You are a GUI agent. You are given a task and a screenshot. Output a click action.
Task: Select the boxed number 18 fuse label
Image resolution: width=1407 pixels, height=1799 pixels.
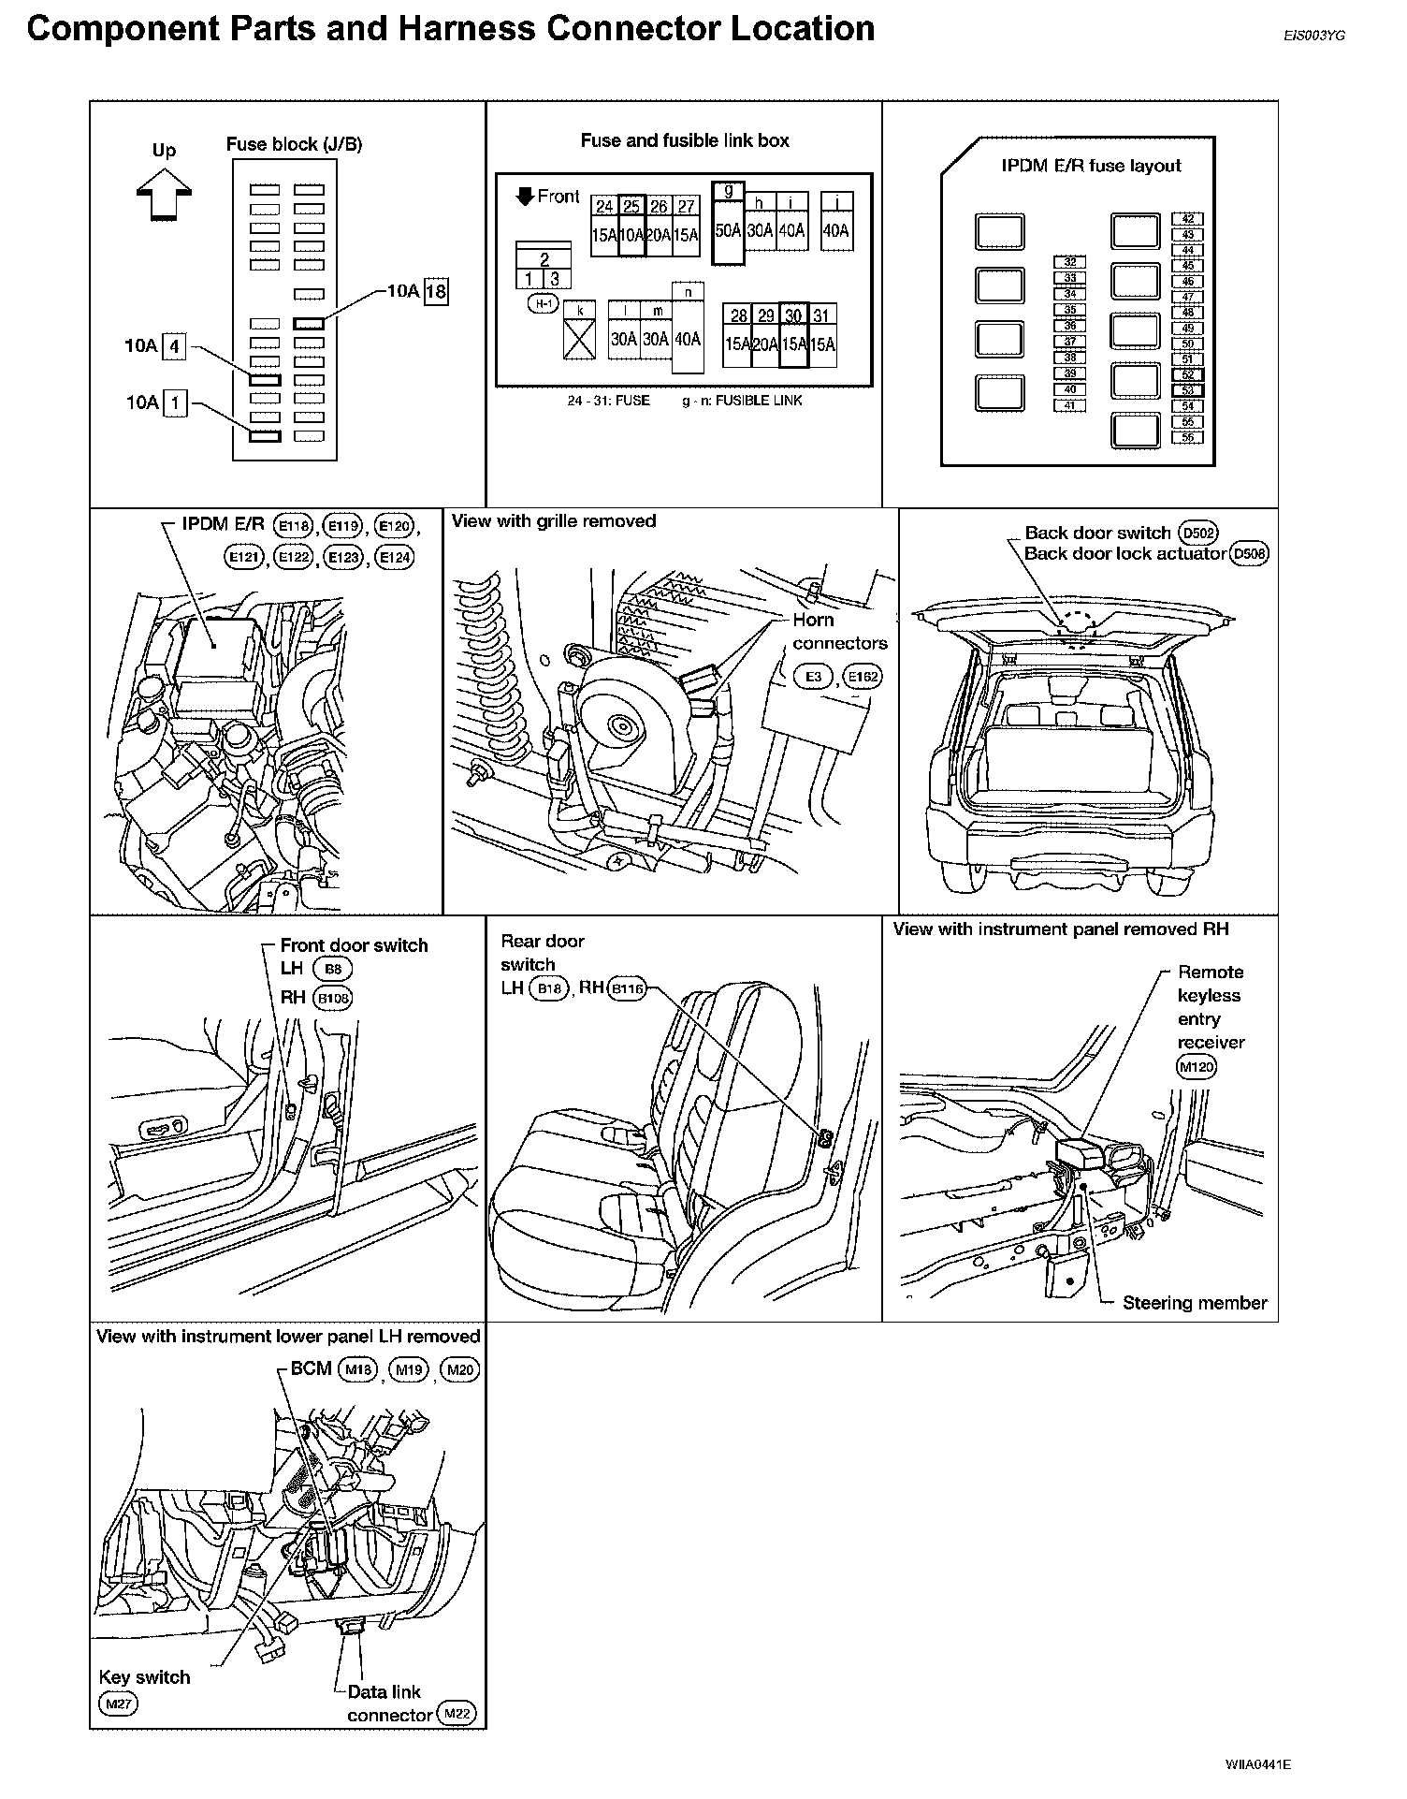point(436,291)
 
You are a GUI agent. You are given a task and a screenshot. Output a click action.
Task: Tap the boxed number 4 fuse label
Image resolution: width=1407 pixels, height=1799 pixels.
point(174,347)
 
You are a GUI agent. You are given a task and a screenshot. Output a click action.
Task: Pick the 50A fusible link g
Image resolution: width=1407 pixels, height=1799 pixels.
point(728,230)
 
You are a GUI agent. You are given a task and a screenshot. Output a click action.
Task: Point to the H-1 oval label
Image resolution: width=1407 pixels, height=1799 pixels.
point(542,303)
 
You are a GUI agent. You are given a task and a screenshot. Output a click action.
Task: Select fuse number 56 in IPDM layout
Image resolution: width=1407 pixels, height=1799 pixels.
point(1187,437)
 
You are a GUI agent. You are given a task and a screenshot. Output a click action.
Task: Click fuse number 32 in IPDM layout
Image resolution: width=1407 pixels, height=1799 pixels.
point(1069,263)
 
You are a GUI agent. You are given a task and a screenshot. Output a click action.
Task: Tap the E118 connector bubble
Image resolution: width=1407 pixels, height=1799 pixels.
point(294,527)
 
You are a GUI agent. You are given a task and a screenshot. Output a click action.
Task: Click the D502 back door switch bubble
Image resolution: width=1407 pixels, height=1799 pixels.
point(1198,534)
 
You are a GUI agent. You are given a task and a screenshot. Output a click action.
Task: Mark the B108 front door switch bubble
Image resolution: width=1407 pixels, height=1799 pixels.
point(333,998)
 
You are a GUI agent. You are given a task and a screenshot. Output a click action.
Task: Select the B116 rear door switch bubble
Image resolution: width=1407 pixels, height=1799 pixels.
point(626,988)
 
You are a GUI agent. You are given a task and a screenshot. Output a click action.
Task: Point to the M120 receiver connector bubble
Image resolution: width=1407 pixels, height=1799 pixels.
point(1197,1067)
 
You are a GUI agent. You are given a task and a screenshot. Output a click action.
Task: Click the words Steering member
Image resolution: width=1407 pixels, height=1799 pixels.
point(1194,1303)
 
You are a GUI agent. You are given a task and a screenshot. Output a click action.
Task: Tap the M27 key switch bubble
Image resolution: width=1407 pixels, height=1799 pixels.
point(117,1704)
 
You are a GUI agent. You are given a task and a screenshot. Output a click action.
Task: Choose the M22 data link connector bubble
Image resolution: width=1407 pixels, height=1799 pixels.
point(457,1715)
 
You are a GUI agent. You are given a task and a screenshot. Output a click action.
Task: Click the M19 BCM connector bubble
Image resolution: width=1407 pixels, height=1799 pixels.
point(408,1370)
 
